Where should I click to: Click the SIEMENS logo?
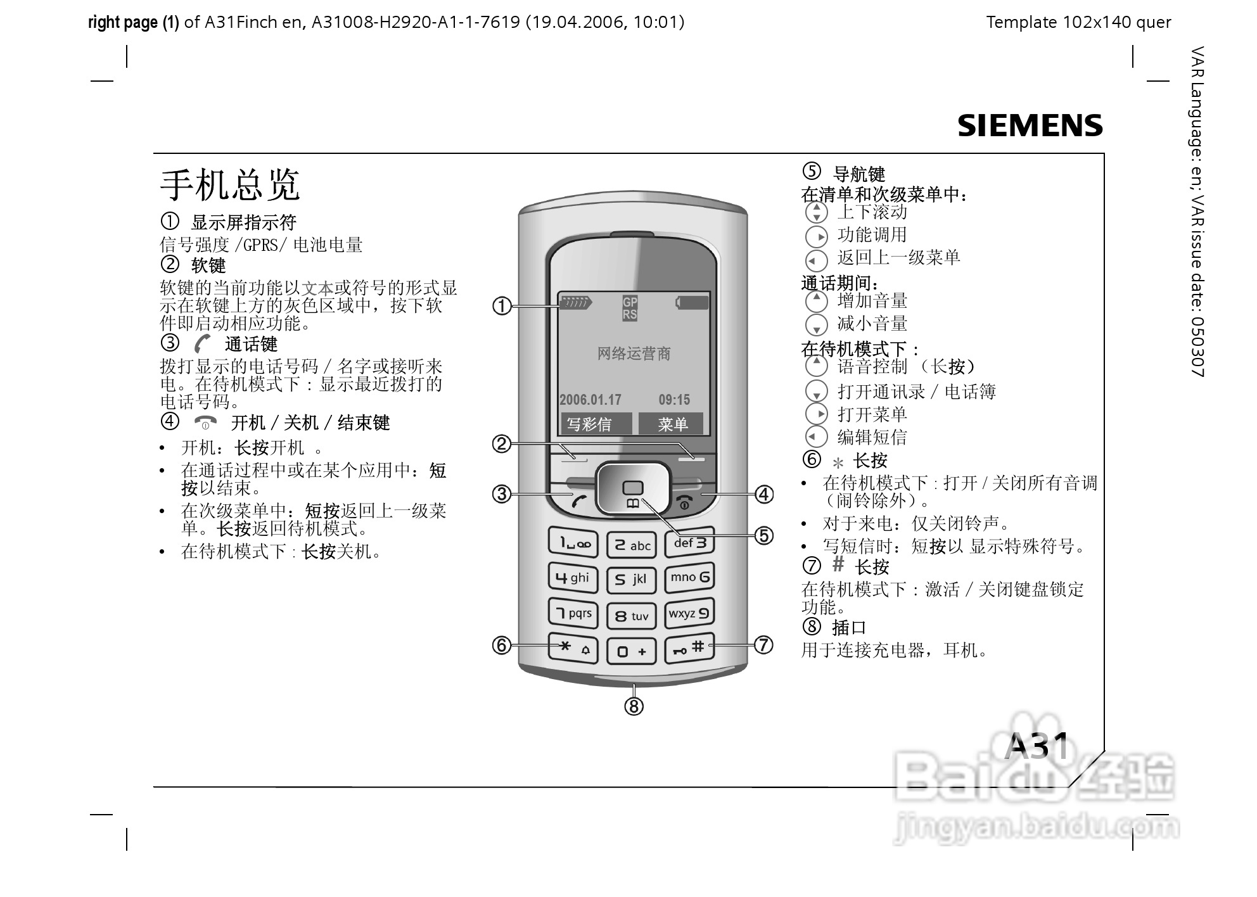point(1030,125)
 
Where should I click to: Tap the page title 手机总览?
point(229,184)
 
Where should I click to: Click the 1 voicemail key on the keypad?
point(573,543)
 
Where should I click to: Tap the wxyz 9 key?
point(689,613)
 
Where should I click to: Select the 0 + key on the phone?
point(631,651)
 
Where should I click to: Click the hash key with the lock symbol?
point(689,648)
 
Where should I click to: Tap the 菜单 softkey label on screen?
point(672,424)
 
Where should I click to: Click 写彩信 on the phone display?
point(590,424)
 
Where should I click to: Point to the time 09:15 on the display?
point(674,400)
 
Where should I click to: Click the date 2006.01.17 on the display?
point(590,400)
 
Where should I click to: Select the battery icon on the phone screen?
point(692,303)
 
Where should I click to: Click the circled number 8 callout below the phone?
point(634,706)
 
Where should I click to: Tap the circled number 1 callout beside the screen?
point(502,306)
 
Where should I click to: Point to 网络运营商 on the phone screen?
point(634,353)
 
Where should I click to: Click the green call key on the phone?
point(578,501)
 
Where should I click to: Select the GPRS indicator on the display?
point(629,308)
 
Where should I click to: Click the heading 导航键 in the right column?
point(858,174)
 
